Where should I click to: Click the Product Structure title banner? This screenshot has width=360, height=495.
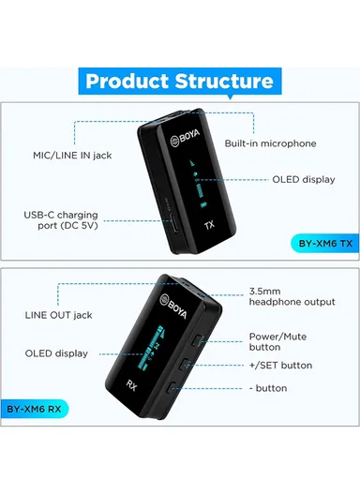click(x=180, y=81)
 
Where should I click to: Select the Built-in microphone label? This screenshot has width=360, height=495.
click(x=270, y=143)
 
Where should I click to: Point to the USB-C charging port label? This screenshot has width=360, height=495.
click(x=60, y=220)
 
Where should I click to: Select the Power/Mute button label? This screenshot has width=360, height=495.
click(x=277, y=340)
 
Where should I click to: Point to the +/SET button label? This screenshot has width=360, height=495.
click(x=280, y=365)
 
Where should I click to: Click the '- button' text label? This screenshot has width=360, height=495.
click(x=267, y=387)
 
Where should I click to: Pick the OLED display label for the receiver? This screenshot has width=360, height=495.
click(x=56, y=353)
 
